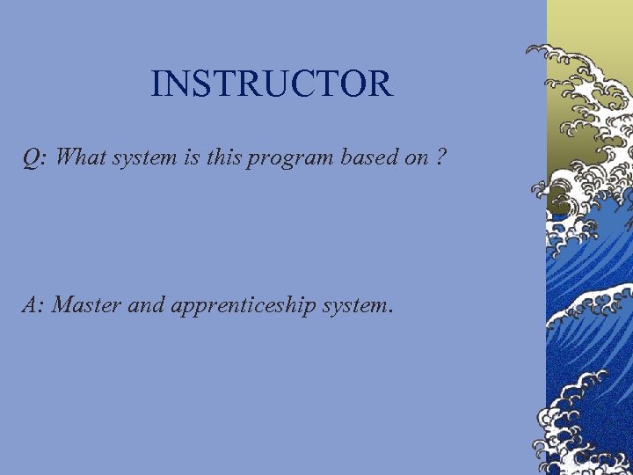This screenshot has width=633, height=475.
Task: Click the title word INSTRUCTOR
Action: [271, 84]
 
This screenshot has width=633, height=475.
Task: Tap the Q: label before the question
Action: [35, 158]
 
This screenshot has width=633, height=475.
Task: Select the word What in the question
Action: [81, 157]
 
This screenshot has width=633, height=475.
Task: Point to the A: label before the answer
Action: [34, 305]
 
